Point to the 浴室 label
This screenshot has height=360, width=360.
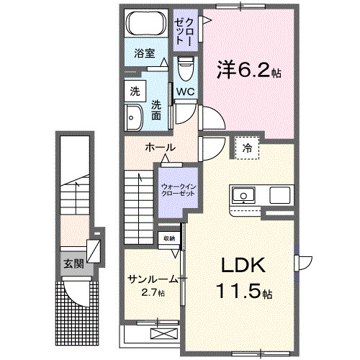click(145, 53)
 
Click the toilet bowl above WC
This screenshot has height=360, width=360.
click(185, 72)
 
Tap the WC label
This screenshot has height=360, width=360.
click(186, 91)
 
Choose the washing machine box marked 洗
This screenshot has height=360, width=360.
click(134, 91)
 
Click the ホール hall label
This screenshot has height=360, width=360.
click(159, 146)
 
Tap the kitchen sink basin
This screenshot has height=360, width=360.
click(241, 194)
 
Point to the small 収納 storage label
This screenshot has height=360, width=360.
click(168, 238)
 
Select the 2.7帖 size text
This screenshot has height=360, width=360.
click(152, 293)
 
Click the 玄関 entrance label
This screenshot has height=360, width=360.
click(73, 264)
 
